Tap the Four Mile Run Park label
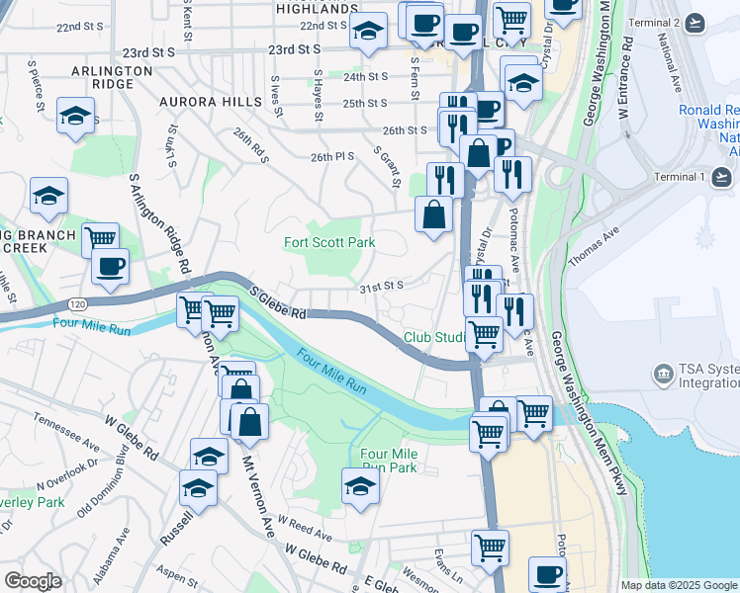pyautogui.click(x=389, y=460)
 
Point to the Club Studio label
pyautogui.click(x=434, y=338)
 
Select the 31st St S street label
pyautogui.click(x=382, y=286)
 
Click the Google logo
pyautogui.click(x=33, y=581)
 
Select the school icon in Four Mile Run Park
pyautogui.click(x=360, y=485)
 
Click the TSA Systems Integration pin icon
pyautogui.click(x=663, y=375)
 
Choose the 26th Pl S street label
pyautogui.click(x=332, y=156)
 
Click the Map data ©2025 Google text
pyautogui.click(x=680, y=585)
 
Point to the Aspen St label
pyautogui.click(x=178, y=572)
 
